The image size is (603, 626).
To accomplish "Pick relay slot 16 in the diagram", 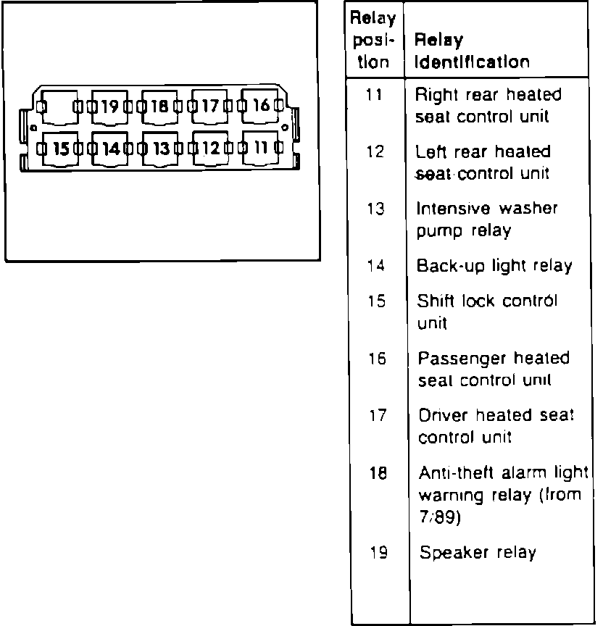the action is pos(259,106).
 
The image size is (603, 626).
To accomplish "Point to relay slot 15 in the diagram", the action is pos(61,149).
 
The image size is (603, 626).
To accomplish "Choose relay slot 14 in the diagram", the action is pos(110,149).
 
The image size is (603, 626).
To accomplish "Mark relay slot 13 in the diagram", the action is pos(160,149).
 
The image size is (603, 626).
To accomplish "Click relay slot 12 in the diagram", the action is pos(209,149).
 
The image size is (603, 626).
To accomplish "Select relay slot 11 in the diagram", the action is pos(259,149).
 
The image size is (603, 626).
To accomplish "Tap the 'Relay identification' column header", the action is pos(471,51).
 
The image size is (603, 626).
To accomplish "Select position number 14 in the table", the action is pos(375,265).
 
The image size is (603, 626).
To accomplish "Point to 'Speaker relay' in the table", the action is pos(478,553).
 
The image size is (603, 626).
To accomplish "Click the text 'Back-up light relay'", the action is pos(494,266).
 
